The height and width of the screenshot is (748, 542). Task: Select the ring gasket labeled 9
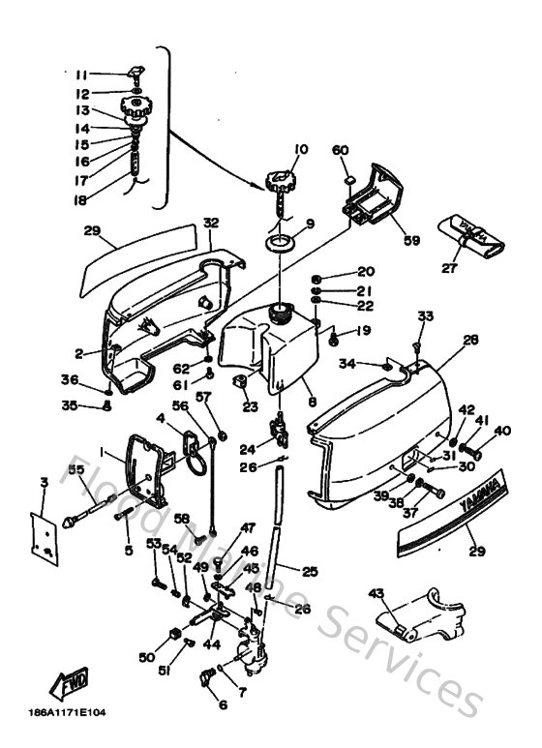point(279,241)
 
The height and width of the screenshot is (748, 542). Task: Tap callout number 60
point(341,150)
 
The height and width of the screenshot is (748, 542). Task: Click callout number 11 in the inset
point(82,75)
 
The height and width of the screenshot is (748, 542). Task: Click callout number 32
point(211,223)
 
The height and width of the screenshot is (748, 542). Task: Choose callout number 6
point(224,704)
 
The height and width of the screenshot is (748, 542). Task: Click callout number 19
point(363,331)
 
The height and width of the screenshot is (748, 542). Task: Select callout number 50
point(146,658)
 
